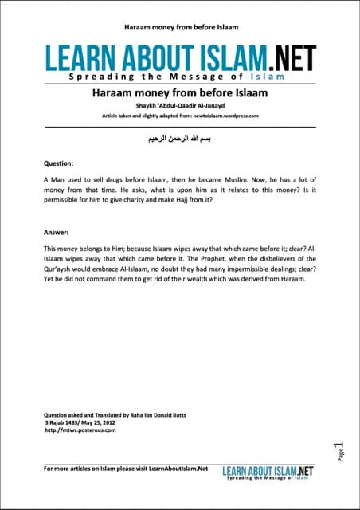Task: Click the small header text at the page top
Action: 179,27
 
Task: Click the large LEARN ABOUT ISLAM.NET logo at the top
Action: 180,58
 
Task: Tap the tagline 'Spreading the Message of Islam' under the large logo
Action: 180,80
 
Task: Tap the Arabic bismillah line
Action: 179,138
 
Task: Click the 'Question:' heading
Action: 59,162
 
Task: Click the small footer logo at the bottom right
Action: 268,472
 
